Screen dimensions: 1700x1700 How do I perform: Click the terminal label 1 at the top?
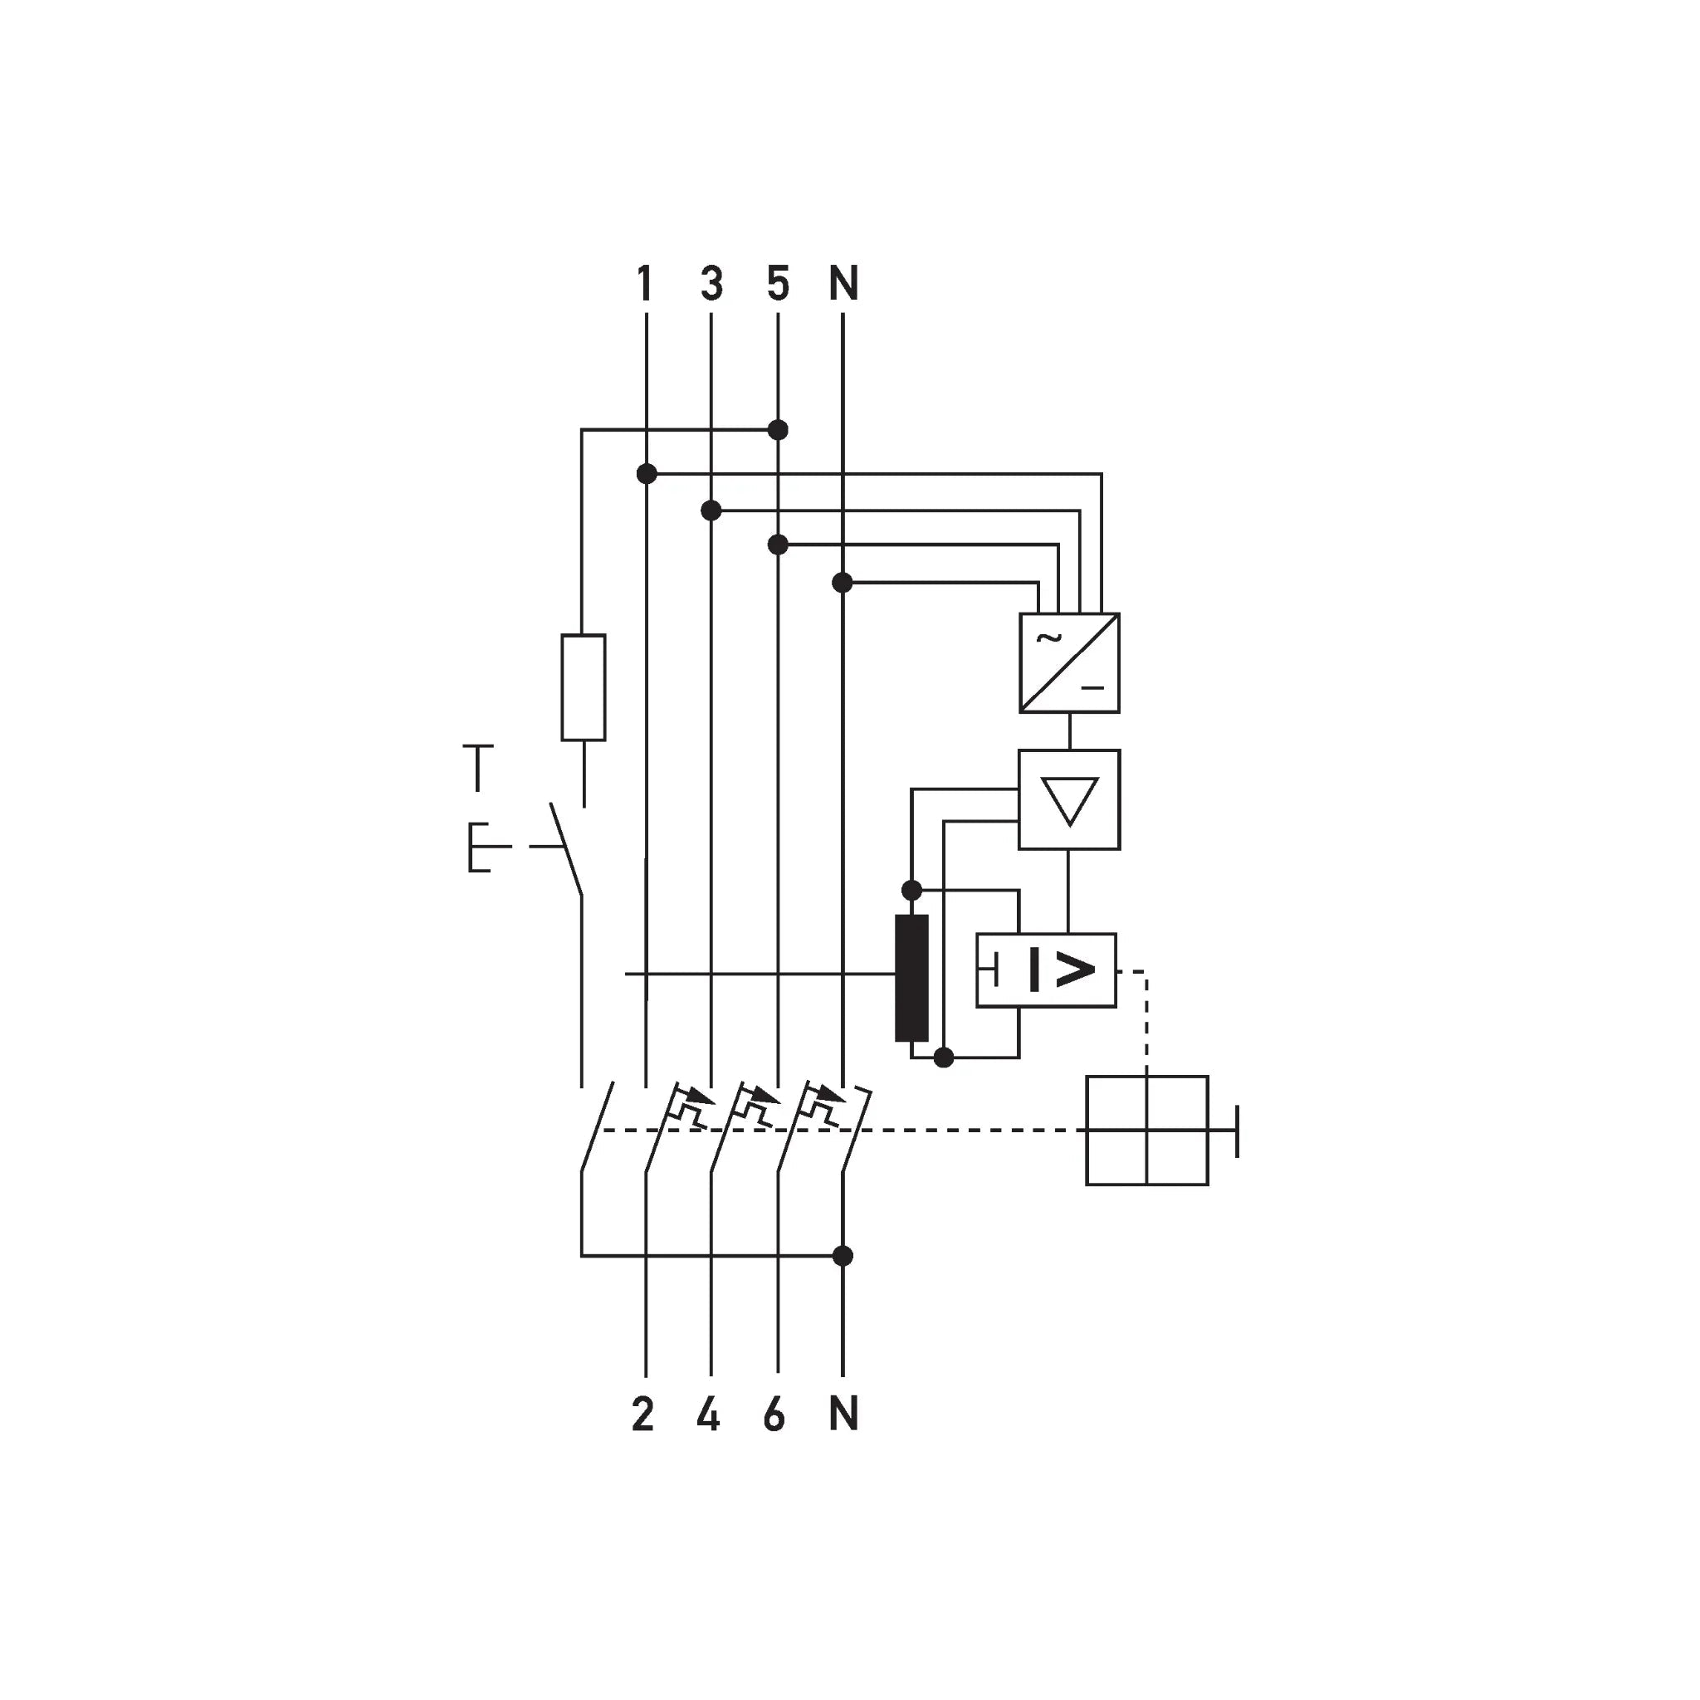click(x=645, y=283)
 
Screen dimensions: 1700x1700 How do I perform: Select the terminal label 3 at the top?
click(x=712, y=283)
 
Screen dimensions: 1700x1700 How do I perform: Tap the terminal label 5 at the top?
click(x=778, y=283)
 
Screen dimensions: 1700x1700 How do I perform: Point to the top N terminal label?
click(x=843, y=283)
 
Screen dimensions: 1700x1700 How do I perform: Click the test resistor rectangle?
click(x=584, y=687)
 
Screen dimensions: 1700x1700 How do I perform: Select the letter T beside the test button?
click(x=478, y=767)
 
